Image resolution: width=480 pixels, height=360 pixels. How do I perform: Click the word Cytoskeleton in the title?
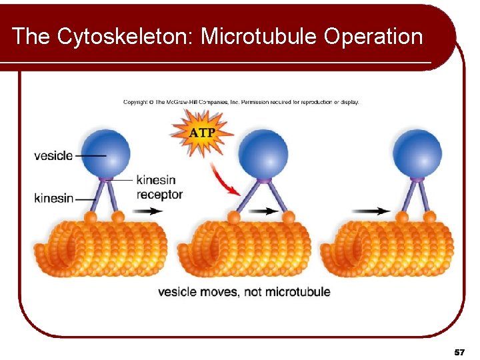click(124, 36)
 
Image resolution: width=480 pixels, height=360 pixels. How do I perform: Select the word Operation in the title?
click(373, 36)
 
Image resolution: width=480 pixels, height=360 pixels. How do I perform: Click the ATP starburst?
click(202, 131)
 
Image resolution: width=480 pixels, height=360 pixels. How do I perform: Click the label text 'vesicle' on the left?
click(53, 155)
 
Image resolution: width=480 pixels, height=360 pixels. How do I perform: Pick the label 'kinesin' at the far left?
click(53, 198)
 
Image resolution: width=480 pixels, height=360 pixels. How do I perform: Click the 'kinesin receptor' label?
click(159, 187)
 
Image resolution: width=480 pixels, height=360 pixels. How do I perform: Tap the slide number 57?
click(459, 351)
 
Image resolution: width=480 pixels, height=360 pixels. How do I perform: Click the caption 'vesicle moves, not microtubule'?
click(244, 292)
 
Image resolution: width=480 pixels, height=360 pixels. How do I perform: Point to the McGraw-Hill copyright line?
click(241, 102)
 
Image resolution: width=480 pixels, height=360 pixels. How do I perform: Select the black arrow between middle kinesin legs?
click(264, 211)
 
